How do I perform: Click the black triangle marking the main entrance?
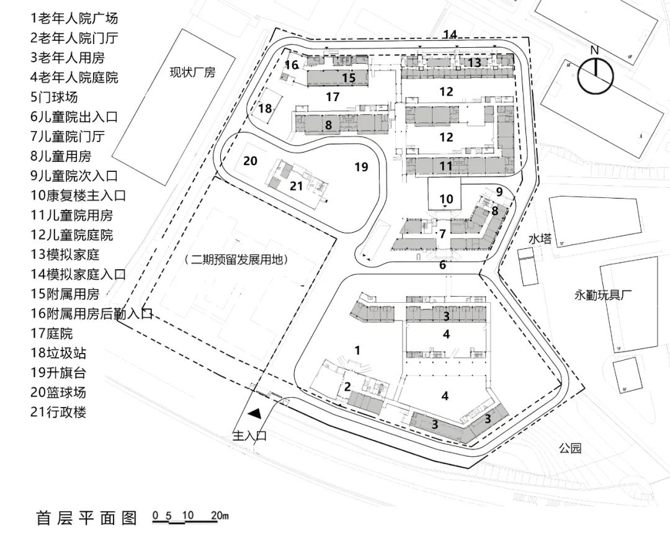pyautogui.click(x=254, y=412)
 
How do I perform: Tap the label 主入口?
pyautogui.click(x=249, y=436)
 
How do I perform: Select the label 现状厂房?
pyautogui.click(x=192, y=73)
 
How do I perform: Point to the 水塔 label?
pyautogui.click(x=540, y=239)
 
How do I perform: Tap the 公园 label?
pyautogui.click(x=569, y=447)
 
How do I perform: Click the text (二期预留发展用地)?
pyautogui.click(x=237, y=260)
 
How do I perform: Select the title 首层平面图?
pyautogui.click(x=86, y=518)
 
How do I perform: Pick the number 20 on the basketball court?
pyautogui.click(x=250, y=161)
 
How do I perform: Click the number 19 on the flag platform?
pyautogui.click(x=361, y=167)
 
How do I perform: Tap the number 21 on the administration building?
pyautogui.click(x=297, y=186)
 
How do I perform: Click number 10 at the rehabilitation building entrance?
pyautogui.click(x=446, y=199)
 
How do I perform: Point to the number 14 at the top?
pyautogui.click(x=450, y=35)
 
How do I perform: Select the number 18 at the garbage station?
pyautogui.click(x=266, y=109)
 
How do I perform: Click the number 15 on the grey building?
pyautogui.click(x=349, y=78)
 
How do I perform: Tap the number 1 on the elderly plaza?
pyautogui.click(x=357, y=350)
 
